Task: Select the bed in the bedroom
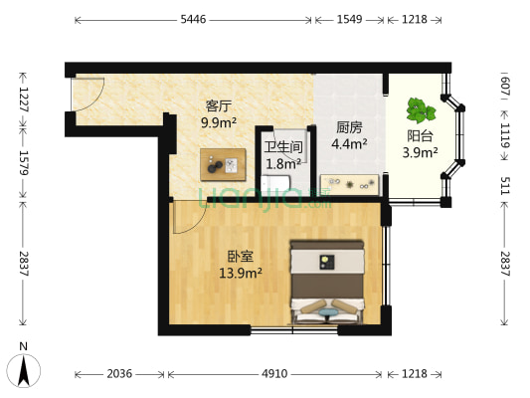pos(327,283)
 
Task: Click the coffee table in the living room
pos(223,162)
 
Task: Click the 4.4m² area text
pos(349,143)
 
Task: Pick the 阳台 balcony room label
pos(420,136)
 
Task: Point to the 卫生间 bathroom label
pos(282,148)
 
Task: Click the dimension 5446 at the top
pos(194,19)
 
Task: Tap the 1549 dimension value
pos(349,19)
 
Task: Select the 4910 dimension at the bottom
pos(274,374)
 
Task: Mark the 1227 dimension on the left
pos(19,99)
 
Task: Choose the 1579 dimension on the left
pos(19,161)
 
